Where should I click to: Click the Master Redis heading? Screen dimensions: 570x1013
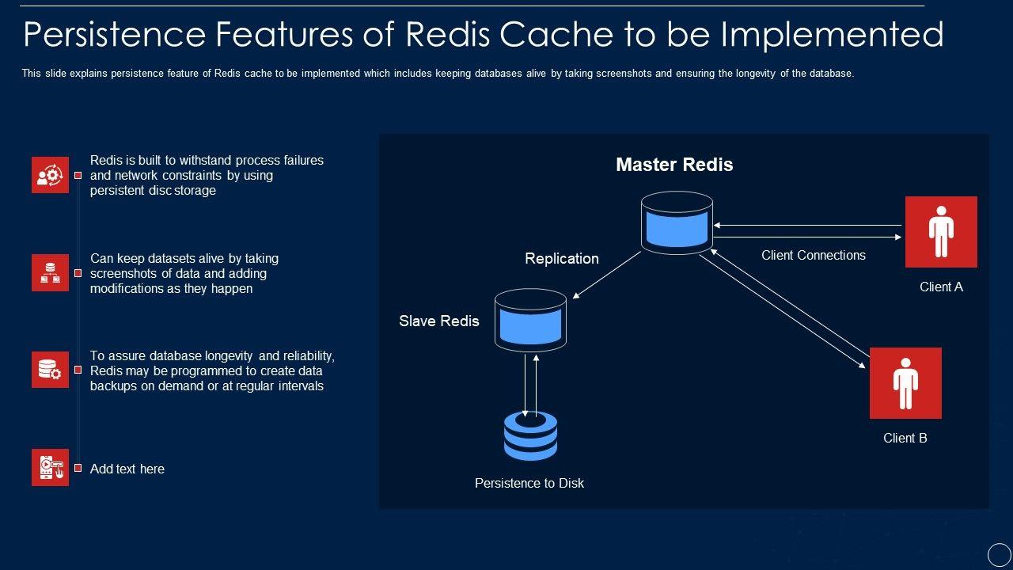coord(674,165)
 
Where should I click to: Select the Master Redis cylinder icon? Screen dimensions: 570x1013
coord(677,222)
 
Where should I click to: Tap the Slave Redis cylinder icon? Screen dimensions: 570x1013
coord(530,320)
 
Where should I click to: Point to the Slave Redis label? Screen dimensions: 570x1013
coord(439,321)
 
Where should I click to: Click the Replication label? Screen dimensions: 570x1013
coord(562,259)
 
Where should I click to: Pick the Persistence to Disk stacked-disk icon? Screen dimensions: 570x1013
coord(530,436)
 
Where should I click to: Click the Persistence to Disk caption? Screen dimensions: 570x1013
coord(529,483)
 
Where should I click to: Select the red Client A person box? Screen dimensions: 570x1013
coord(941,232)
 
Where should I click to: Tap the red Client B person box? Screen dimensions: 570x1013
coord(905,383)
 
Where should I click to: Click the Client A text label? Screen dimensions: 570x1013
coord(941,287)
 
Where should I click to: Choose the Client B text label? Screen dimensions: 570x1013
coord(905,439)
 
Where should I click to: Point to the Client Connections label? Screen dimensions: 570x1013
coord(814,255)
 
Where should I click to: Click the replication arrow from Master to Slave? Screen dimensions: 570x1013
coord(607,275)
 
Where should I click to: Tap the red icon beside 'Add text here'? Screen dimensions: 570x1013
coord(50,468)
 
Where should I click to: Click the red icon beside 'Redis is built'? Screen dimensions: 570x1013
coord(50,175)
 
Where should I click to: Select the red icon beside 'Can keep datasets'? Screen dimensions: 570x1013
coord(50,273)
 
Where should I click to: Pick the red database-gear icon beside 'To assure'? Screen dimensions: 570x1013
coord(50,370)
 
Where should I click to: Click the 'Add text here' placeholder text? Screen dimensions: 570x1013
coord(127,469)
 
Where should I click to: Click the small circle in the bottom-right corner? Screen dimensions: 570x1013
coord(1000,554)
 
